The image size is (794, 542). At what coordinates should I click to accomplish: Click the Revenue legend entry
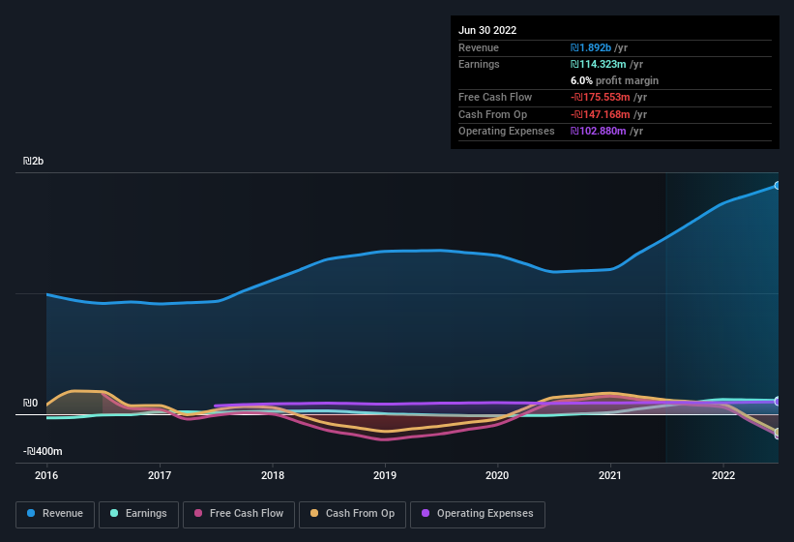[55, 513]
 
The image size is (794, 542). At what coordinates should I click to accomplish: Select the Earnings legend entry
[138, 513]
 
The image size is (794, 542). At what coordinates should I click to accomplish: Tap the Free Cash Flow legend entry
[238, 513]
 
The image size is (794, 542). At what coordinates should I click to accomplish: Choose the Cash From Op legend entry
[351, 513]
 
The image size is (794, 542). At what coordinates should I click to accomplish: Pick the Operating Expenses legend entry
[478, 513]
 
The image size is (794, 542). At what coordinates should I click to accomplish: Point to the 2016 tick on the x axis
[46, 475]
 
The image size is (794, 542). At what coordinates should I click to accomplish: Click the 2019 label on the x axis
[385, 475]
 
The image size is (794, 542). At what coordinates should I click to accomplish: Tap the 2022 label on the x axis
[722, 475]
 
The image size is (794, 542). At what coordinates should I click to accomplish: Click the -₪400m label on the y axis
[43, 452]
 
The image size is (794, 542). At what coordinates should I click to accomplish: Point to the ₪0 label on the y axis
[31, 404]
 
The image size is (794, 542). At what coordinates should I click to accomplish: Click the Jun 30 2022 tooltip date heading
[487, 30]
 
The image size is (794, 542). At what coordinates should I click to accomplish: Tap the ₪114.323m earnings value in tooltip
[607, 64]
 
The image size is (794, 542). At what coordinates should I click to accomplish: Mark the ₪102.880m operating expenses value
[607, 131]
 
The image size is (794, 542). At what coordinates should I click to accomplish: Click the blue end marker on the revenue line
[777, 185]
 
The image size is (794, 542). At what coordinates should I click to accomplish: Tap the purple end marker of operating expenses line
[777, 402]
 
